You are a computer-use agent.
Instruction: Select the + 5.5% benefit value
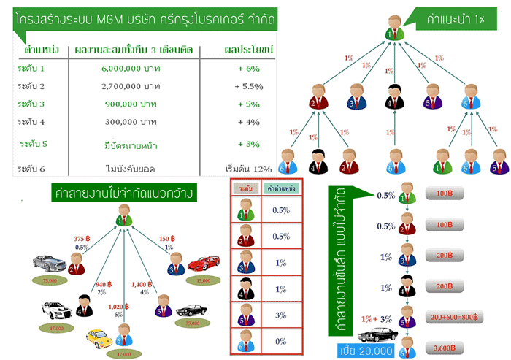(x=248, y=85)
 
